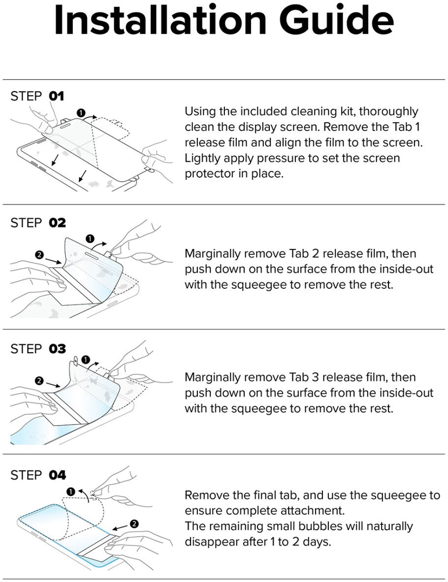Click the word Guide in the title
coord(337,21)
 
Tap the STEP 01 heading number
coord(57,96)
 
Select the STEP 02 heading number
coord(57,223)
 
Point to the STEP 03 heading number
coord(57,349)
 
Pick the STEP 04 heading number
coord(57,475)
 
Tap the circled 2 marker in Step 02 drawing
coord(39,255)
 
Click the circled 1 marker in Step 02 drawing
coord(90,239)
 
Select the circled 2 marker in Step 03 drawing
coord(39,381)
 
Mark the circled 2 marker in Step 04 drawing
coord(135,523)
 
